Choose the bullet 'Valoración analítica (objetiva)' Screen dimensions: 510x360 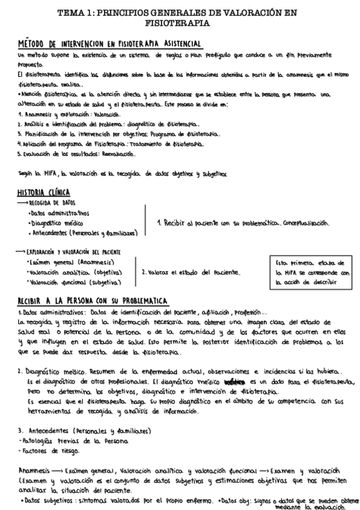click(67, 272)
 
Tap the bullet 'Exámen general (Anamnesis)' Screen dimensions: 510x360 click(67, 262)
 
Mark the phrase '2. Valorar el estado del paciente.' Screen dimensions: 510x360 click(191, 272)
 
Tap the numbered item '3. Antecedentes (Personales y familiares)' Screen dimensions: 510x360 click(84, 431)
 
